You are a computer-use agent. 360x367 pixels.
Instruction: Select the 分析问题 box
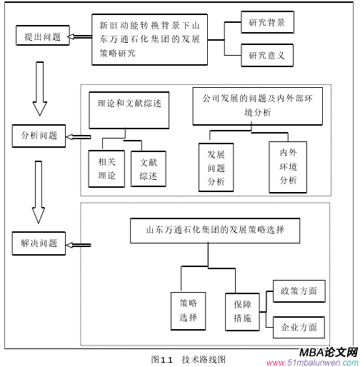coord(39,134)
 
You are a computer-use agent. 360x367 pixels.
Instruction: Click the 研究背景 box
coord(266,24)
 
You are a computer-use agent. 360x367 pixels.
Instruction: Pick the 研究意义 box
coord(266,55)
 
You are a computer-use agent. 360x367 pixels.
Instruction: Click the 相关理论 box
coord(106,169)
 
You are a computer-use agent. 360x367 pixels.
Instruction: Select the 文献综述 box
coord(149,169)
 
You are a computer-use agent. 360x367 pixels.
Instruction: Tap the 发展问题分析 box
coord(216,169)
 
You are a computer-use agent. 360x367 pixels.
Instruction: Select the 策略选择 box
coord(188,310)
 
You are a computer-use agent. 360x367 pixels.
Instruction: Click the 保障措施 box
coord(241,310)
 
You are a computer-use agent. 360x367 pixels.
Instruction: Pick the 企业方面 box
coord(299,328)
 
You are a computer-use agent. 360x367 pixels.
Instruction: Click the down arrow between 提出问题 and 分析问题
coord(39,86)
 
